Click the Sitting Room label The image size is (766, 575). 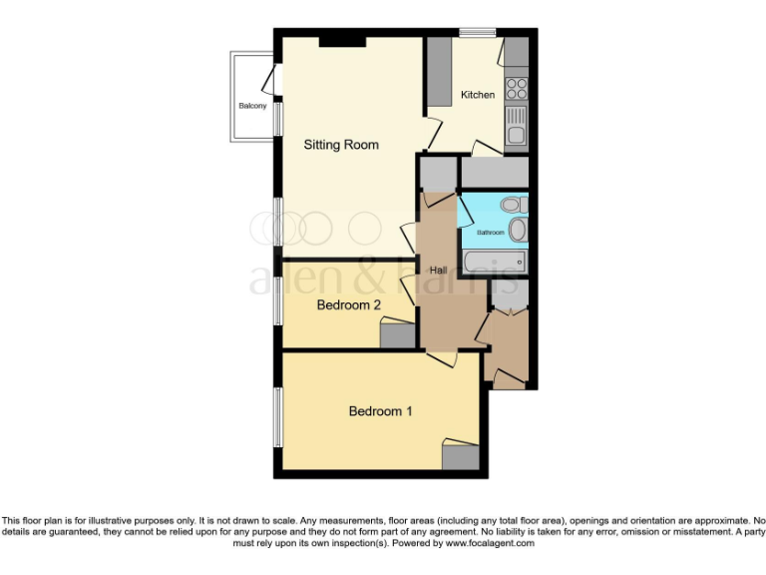pos(341,145)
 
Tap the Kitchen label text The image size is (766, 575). pos(477,95)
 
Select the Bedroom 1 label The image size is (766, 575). pos(380,411)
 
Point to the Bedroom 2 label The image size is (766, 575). pos(348,305)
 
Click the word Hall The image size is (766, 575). pos(438,271)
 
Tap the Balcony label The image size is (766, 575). pos(251,106)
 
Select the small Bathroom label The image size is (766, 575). pos(490,233)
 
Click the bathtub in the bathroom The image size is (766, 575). pos(492,263)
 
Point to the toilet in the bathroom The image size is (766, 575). pos(512,205)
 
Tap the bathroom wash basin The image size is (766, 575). pos(518,232)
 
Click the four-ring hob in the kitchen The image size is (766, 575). pos(517,88)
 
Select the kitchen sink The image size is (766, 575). pos(516,127)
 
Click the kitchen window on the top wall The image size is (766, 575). pos(477,34)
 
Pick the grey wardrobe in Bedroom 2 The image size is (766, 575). pos(397,336)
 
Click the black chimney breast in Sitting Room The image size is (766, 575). pos(341,41)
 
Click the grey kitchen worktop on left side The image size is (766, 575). pos(439,71)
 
